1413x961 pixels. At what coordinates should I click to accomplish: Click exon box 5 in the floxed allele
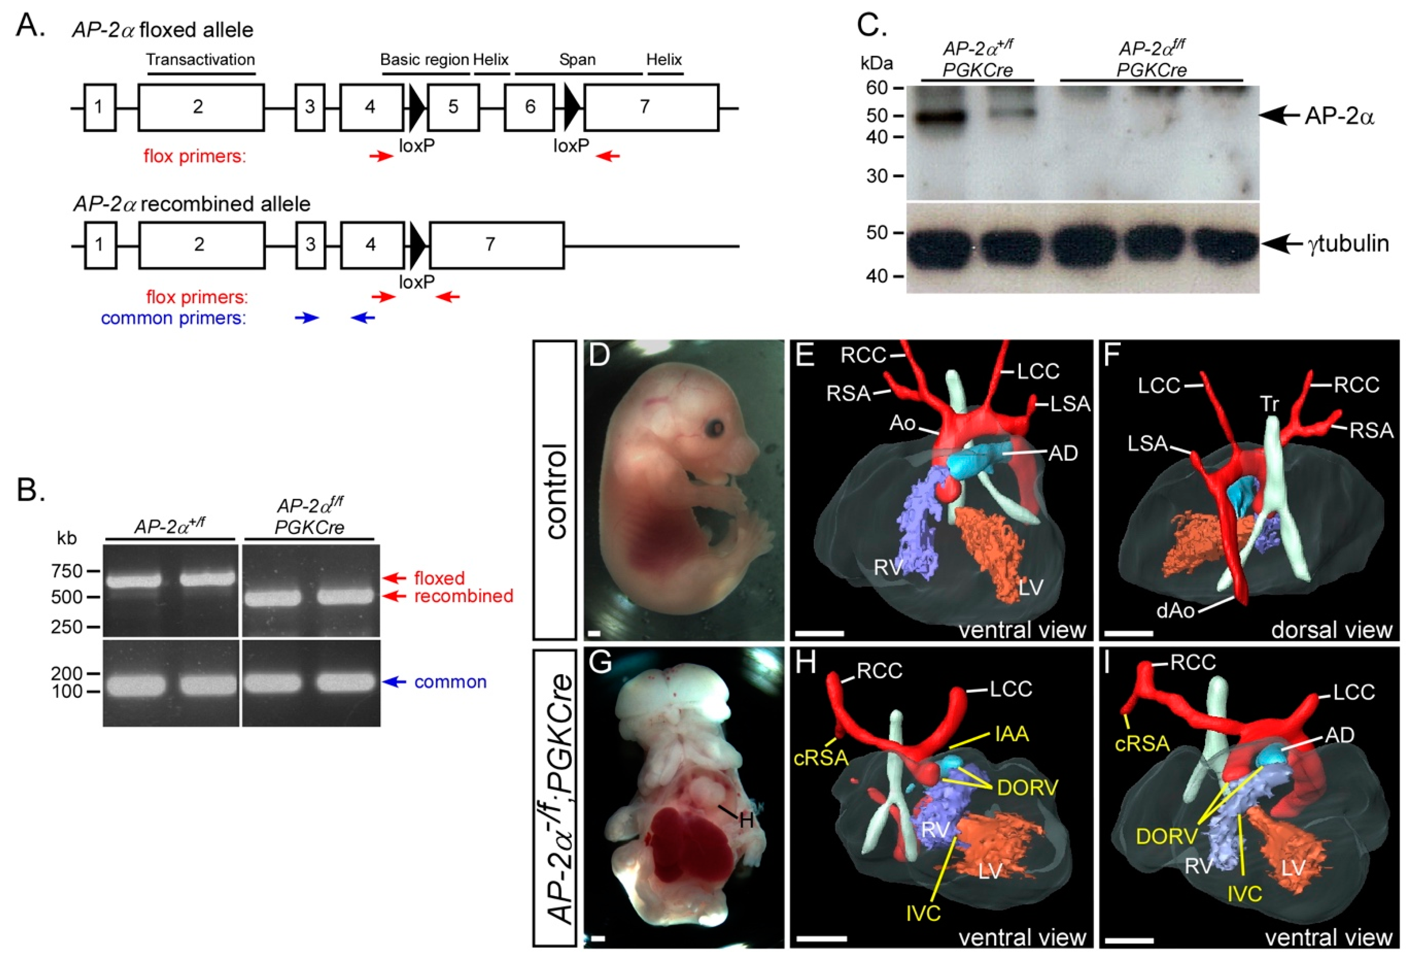click(453, 108)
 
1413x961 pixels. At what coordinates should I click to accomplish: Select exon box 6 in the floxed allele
click(530, 108)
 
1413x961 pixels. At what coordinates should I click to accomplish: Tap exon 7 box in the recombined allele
click(496, 245)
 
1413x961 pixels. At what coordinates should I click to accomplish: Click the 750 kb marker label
click(66, 571)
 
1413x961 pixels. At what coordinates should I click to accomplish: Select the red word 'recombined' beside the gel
click(463, 596)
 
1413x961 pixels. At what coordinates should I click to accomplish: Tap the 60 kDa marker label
click(877, 88)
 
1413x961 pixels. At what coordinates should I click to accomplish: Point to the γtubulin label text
click(1348, 243)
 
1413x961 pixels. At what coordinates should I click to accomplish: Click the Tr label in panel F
click(1269, 403)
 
